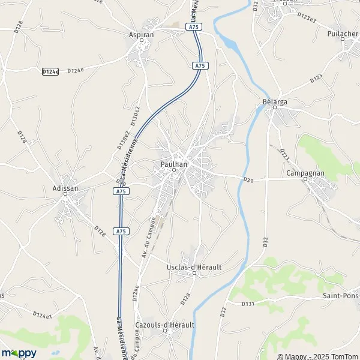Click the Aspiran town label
click(x=142, y=35)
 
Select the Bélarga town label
click(x=275, y=102)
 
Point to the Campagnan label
click(x=305, y=173)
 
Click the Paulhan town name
click(x=174, y=163)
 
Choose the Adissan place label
click(x=65, y=188)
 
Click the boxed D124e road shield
click(x=50, y=71)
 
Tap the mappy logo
click(x=19, y=353)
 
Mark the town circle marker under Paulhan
click(x=174, y=170)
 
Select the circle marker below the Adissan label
click(x=66, y=195)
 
